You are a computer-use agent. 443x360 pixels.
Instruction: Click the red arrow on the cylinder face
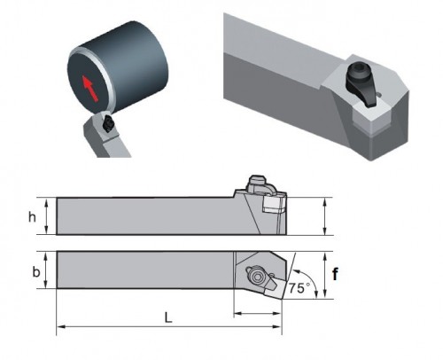tap(89, 88)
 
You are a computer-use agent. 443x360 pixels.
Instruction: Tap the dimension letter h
tap(32, 217)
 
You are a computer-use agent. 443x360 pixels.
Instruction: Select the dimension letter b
tap(35, 272)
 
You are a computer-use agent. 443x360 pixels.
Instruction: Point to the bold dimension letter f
tap(335, 274)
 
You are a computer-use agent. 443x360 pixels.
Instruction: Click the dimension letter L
tap(168, 317)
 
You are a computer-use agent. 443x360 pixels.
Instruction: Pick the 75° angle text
tap(299, 288)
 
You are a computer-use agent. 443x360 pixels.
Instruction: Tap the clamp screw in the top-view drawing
tap(254, 276)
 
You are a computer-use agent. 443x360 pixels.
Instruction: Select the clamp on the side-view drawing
tap(259, 185)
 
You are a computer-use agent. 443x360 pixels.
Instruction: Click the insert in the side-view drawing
tap(273, 204)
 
